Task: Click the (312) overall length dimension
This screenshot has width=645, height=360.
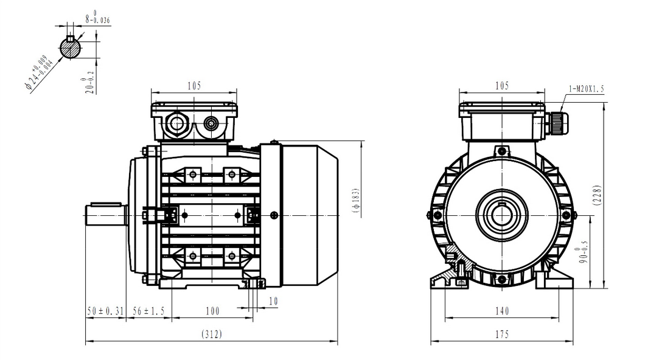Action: point(211,334)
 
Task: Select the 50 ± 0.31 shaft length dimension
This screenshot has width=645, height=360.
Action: point(105,311)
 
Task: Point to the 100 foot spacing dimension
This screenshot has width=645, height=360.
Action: point(212,311)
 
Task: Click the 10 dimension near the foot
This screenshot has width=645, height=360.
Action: point(273,301)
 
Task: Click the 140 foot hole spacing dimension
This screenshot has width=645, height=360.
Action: point(501,311)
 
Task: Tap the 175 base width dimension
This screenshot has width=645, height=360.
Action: point(501,334)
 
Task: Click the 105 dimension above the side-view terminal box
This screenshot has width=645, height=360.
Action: point(193,86)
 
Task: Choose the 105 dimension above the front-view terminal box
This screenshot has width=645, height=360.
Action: point(501,86)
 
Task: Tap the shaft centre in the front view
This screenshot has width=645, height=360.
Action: point(501,215)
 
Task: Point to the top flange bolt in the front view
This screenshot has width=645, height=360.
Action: point(501,151)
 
